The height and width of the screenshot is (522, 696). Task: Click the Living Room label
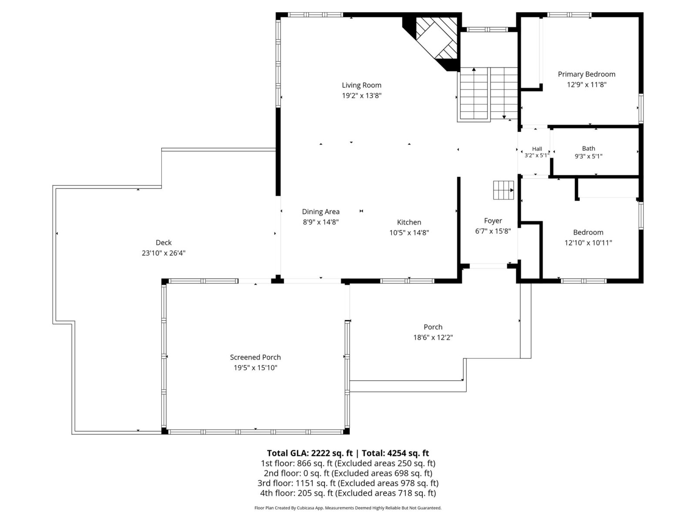click(361, 85)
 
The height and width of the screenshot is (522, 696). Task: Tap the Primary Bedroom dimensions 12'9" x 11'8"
click(587, 85)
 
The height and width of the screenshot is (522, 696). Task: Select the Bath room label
click(589, 148)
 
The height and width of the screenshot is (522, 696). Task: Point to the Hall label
click(537, 149)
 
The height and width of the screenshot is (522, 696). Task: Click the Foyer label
click(493, 221)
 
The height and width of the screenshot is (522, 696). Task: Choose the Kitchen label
click(409, 222)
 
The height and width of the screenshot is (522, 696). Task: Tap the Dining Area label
click(321, 211)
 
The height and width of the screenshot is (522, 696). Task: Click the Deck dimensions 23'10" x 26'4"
click(164, 253)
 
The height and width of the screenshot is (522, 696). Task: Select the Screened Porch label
click(255, 357)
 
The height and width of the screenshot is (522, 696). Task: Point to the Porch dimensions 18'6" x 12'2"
click(433, 337)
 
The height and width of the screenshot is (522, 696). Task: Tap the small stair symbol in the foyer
click(503, 190)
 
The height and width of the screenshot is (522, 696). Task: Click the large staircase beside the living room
click(487, 94)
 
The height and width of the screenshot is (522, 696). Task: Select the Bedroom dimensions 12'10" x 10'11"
click(588, 243)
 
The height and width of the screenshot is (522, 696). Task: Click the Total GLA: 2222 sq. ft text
click(309, 453)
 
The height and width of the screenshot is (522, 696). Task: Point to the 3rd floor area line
click(348, 483)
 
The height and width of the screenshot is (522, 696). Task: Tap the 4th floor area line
click(348, 493)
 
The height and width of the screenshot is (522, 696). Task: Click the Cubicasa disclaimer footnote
click(348, 508)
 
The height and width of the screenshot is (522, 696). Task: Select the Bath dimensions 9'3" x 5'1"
click(589, 156)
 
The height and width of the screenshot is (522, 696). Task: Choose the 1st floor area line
click(348, 463)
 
